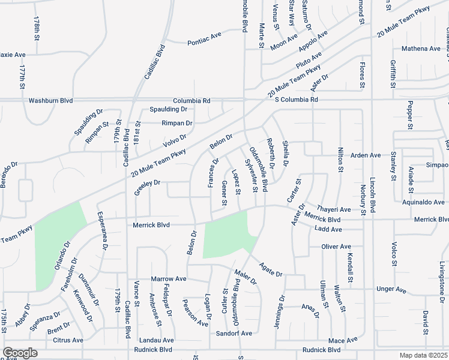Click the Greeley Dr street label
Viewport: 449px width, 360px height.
point(148,184)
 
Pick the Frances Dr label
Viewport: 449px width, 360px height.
point(213,173)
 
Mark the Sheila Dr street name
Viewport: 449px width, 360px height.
point(286,154)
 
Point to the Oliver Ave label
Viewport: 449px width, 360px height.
point(336,246)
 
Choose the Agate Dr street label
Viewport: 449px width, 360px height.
point(271,269)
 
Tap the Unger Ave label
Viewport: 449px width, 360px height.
point(391,290)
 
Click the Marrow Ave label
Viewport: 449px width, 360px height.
point(169,279)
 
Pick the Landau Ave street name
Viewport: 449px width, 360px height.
point(157,340)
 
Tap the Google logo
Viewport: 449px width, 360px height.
point(19,353)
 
